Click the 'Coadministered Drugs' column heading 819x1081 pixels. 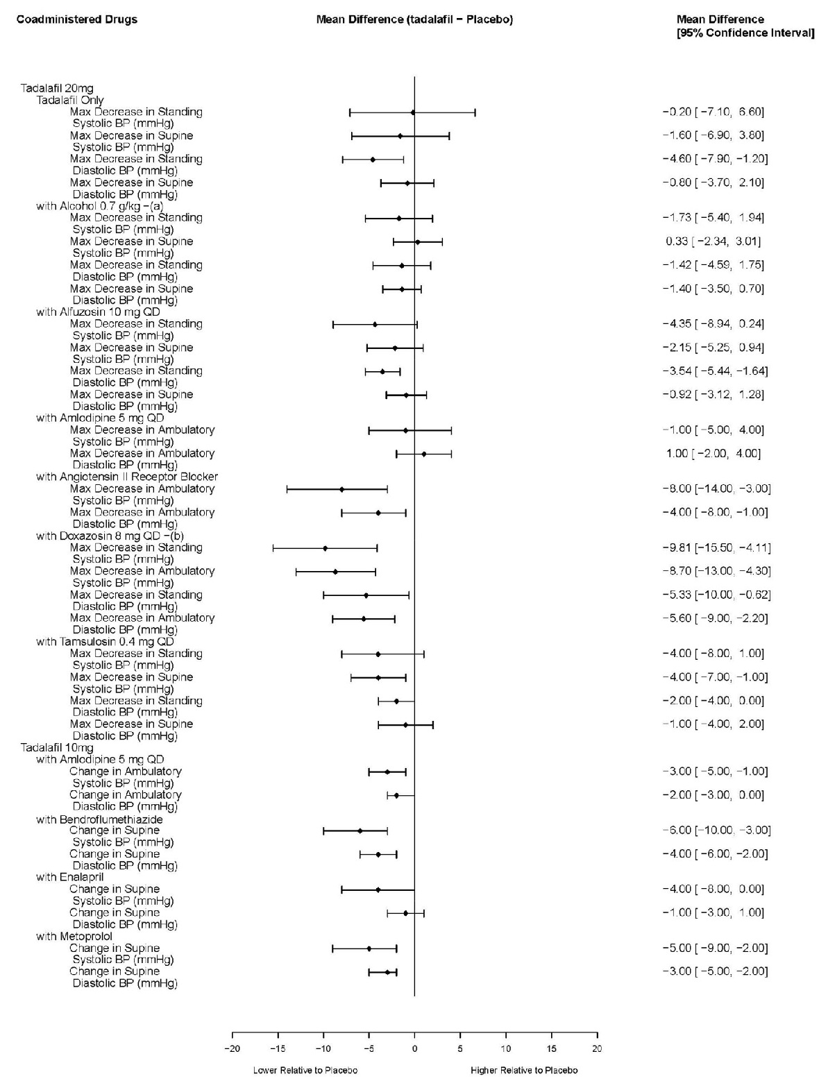pos(76,19)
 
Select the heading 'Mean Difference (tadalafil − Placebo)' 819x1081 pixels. pos(414,19)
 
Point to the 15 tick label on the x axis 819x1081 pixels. pos(551,1048)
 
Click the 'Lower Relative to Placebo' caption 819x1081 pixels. pos(305,1070)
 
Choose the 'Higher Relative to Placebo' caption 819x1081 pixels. pos(524,1070)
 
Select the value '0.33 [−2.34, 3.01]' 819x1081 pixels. pos(713,241)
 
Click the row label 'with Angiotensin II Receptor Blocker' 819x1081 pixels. pos(127,477)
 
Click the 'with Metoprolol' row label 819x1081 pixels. pos(74,937)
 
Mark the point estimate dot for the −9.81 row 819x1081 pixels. pos(325,548)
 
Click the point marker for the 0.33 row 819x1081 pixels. pos(417,241)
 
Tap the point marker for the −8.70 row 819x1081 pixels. pos(335,572)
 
